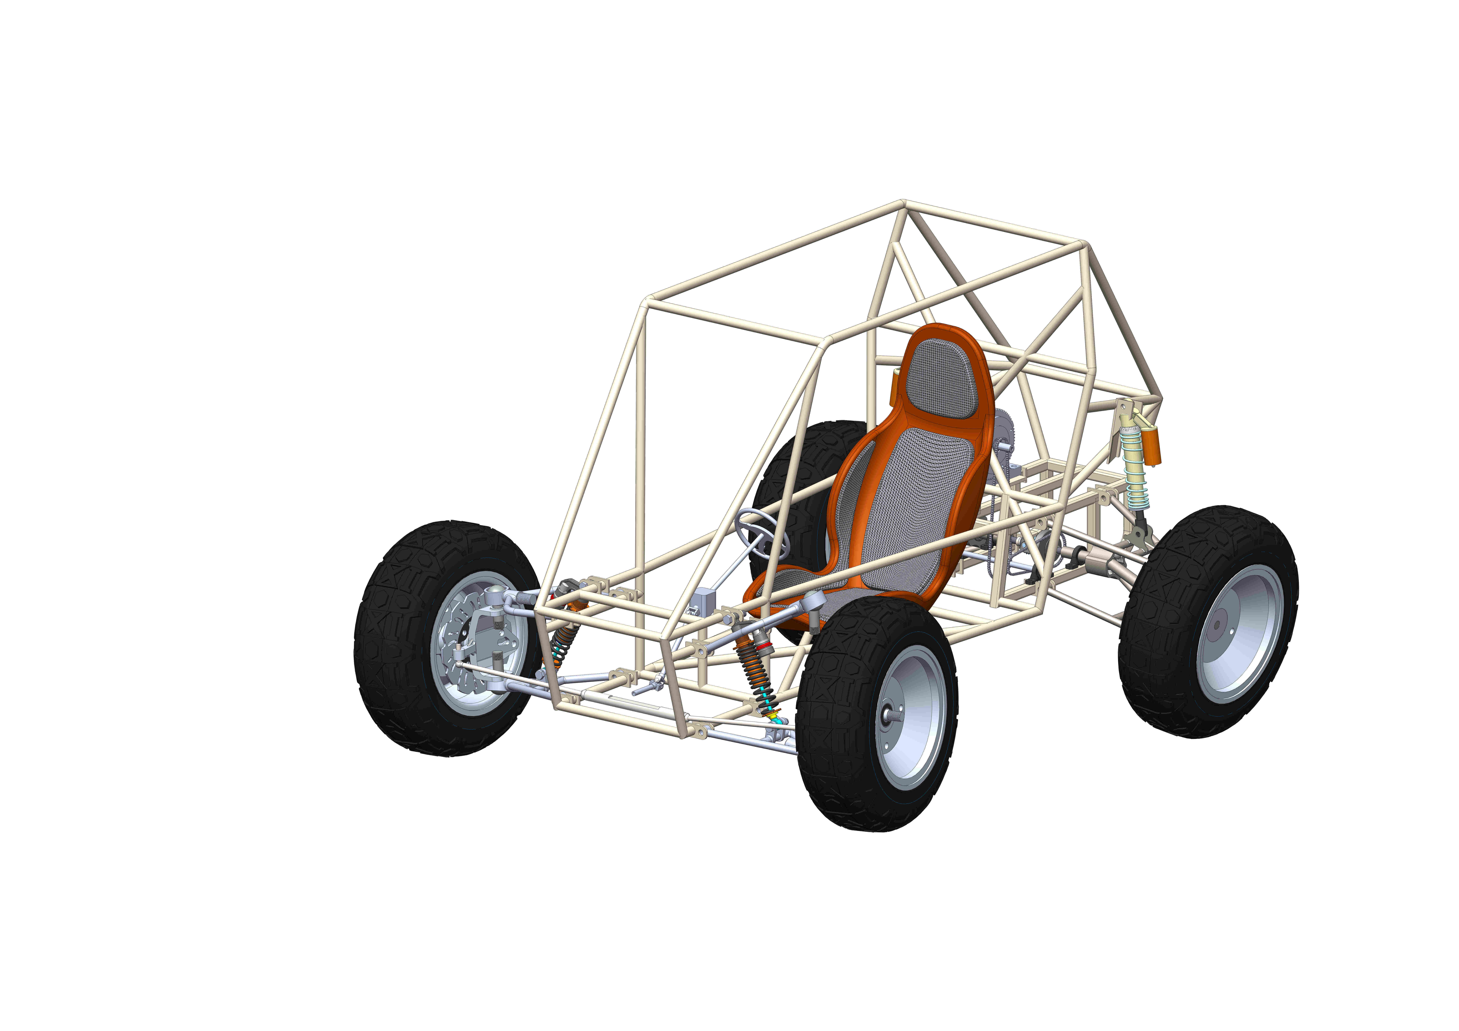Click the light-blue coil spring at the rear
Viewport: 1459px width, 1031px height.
(x=1134, y=470)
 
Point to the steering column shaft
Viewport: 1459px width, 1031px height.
(x=737, y=565)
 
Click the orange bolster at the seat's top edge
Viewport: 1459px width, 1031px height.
(x=941, y=330)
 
